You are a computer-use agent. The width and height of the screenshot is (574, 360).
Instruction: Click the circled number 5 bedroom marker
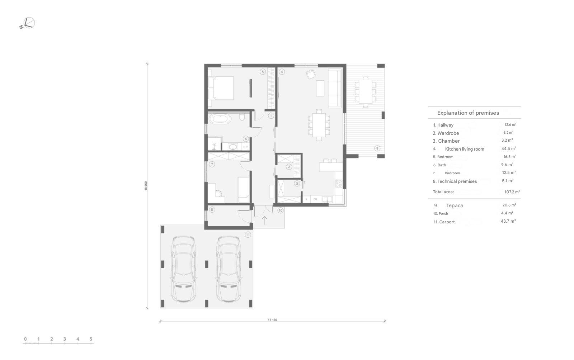click(x=262, y=72)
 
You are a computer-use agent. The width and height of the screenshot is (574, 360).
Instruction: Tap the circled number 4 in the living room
click(x=282, y=72)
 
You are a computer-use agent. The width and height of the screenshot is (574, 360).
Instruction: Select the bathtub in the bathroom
click(x=220, y=119)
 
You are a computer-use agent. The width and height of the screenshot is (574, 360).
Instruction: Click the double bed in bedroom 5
click(x=221, y=88)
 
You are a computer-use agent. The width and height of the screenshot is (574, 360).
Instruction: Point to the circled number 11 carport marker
click(x=248, y=235)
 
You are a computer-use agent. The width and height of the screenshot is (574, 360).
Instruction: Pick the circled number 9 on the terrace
click(x=377, y=148)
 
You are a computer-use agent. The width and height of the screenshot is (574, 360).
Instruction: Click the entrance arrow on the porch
click(x=264, y=221)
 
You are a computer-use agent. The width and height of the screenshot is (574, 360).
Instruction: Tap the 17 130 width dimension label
click(x=272, y=319)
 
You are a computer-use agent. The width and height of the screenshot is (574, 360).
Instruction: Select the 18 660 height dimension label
click(x=146, y=186)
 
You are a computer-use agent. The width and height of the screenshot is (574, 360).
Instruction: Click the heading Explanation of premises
click(x=468, y=113)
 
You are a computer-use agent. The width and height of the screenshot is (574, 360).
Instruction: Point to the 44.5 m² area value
click(x=509, y=148)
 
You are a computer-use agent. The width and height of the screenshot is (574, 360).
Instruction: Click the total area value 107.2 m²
click(x=512, y=192)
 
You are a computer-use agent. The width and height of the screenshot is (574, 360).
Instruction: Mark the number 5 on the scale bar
click(x=91, y=339)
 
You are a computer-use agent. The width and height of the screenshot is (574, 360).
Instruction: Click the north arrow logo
click(x=27, y=23)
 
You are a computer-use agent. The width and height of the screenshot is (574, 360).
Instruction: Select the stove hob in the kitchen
click(x=339, y=183)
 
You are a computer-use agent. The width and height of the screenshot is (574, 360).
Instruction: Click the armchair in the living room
click(x=311, y=74)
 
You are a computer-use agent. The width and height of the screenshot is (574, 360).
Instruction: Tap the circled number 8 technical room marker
click(x=212, y=209)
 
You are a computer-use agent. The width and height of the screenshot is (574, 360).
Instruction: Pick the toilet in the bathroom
click(x=242, y=117)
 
